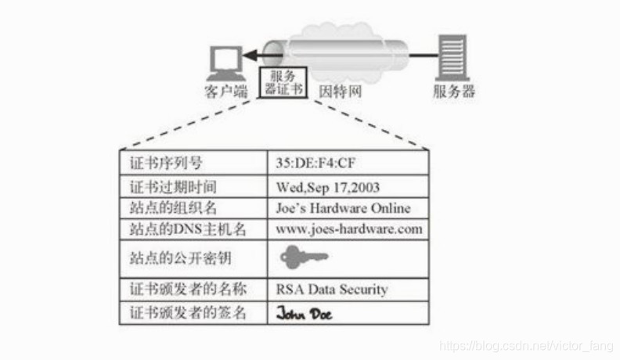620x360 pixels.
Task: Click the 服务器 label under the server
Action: coord(454,91)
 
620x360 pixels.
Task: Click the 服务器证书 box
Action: coord(283,83)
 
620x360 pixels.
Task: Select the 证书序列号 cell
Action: coord(165,164)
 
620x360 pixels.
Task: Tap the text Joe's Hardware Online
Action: coord(343,208)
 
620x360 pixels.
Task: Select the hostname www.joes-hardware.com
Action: coord(349,229)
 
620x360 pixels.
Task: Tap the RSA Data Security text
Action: coord(332,289)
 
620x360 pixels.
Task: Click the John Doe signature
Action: coord(304,313)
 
